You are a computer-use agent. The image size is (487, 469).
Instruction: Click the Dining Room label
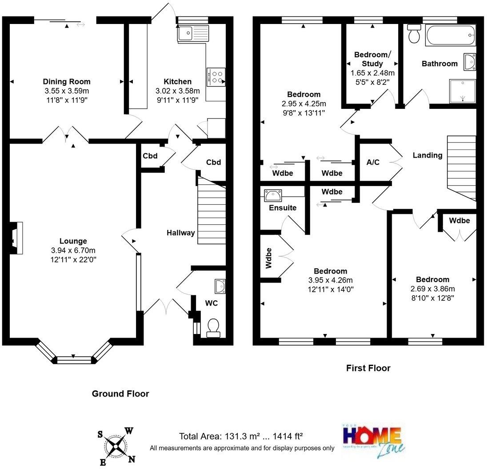pyautogui.click(x=66, y=81)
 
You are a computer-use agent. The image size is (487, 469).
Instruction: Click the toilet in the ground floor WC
pyautogui.click(x=214, y=327)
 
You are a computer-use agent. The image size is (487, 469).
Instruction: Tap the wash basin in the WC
pyautogui.click(x=220, y=286)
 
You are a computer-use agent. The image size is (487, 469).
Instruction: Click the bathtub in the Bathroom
pyautogui.click(x=450, y=35)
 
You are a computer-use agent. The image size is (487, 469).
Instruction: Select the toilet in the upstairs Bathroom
pyautogui.click(x=414, y=34)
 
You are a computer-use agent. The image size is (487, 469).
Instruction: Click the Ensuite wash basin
pyautogui.click(x=272, y=195)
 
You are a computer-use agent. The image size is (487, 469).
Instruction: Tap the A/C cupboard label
pyautogui.click(x=373, y=162)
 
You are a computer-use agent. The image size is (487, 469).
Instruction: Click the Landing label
pyautogui.click(x=427, y=155)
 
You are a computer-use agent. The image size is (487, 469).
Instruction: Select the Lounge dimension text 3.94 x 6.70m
pyautogui.click(x=73, y=250)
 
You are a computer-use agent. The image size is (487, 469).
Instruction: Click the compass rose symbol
pyautogui.click(x=116, y=446)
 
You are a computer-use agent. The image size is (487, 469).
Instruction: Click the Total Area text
pyautogui.click(x=241, y=436)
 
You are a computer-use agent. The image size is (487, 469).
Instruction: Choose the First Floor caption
pyautogui.click(x=368, y=368)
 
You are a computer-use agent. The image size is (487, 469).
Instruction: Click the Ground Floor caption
pyautogui.click(x=120, y=393)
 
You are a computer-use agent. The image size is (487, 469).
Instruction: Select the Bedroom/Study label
pyautogui.click(x=372, y=59)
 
